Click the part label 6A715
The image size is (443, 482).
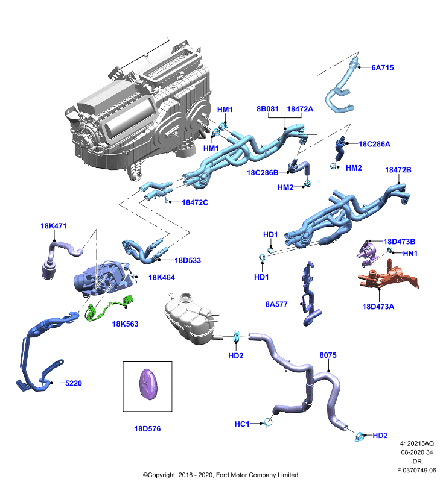383,68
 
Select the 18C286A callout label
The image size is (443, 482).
374,144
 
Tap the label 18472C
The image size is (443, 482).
195,202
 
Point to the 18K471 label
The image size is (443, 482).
54,226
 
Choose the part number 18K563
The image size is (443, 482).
125,324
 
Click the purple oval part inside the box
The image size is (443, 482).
148,384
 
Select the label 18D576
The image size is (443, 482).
147,429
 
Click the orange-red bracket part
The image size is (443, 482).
389,277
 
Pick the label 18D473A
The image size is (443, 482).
378,307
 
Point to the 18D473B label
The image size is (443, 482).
400,242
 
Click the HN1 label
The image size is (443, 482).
410,254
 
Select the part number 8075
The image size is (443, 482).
328,355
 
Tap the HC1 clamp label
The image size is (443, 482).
242,424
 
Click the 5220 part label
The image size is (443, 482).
74,383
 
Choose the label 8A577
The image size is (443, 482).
276,304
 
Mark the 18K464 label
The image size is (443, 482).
162,278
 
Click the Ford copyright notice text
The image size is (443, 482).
220,475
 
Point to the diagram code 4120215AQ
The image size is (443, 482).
417,443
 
